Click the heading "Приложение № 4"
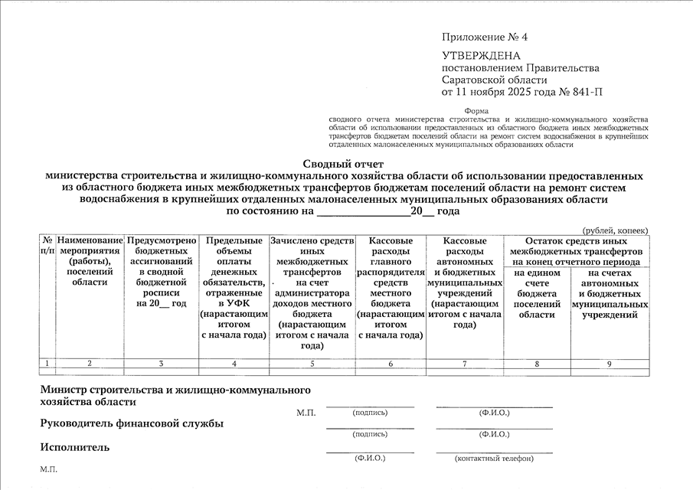[x=485, y=38]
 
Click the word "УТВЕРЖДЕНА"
[x=481, y=56]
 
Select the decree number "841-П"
[x=586, y=93]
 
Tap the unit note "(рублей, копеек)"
[x=614, y=230]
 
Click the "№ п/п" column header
[x=47, y=246]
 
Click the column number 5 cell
[x=312, y=364]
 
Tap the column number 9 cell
[x=610, y=364]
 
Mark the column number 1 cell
[x=47, y=364]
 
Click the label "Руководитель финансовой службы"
[x=132, y=423]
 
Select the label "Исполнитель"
[x=74, y=447]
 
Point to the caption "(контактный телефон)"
[x=494, y=459]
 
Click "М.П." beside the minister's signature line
[x=306, y=413]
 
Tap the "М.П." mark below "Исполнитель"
[x=48, y=469]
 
